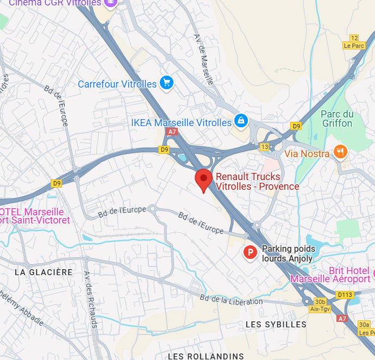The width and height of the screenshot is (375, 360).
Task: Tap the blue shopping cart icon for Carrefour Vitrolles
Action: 166,83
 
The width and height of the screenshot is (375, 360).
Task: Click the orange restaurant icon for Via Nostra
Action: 340,152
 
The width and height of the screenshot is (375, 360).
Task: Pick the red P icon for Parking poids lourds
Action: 250,252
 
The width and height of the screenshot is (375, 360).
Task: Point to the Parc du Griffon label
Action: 337,119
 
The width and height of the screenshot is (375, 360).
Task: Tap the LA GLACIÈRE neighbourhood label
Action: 43,272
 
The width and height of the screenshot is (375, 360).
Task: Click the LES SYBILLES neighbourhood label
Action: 276,324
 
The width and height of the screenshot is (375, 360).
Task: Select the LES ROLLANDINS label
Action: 206,356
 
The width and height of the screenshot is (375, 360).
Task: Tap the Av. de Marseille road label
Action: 204,59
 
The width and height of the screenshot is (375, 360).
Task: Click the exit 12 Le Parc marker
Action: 354,41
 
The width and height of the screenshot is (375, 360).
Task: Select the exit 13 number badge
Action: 265,147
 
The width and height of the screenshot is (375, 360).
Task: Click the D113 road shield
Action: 345,295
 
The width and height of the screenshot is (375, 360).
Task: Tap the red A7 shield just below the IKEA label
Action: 172,132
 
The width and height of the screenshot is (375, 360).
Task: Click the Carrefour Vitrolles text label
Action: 117,84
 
